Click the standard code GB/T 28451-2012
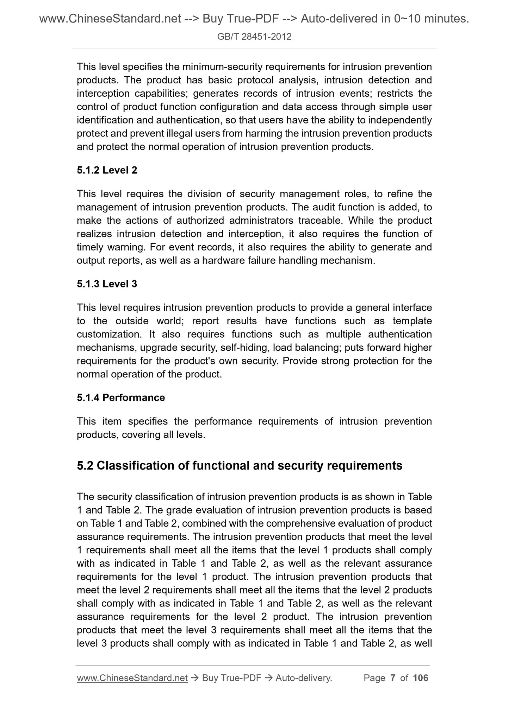pyautogui.click(x=254, y=37)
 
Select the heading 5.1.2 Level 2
pyautogui.click(x=107, y=170)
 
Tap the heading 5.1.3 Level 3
pyautogui.click(x=107, y=284)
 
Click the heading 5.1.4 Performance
pyautogui.click(x=120, y=397)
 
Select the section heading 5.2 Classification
pyautogui.click(x=239, y=465)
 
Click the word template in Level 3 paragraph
pyautogui.click(x=412, y=321)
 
